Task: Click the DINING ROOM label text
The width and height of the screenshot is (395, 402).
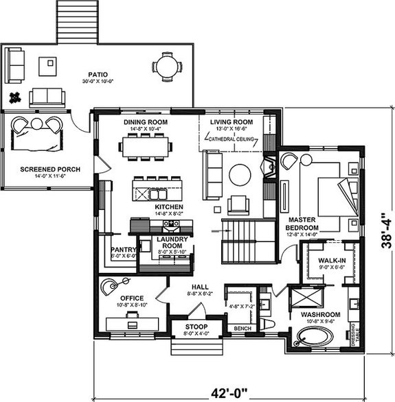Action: point(146,122)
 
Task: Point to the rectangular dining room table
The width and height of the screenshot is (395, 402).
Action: point(146,145)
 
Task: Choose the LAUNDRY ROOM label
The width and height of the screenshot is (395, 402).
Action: point(168,241)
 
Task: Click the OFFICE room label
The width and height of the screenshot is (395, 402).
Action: point(131,298)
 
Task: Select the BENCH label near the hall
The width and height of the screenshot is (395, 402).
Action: point(241,329)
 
